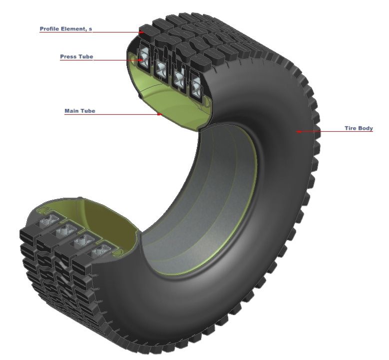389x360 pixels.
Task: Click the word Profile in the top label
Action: pyautogui.click(x=49, y=29)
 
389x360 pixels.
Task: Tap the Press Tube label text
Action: pyautogui.click(x=76, y=57)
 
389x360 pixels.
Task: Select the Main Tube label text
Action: pyautogui.click(x=79, y=111)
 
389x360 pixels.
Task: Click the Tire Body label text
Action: pyautogui.click(x=359, y=128)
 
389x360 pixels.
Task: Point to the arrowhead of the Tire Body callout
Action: pyautogui.click(x=298, y=132)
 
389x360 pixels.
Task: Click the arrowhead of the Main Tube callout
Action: pyautogui.click(x=160, y=114)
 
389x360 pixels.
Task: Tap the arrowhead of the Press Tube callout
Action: pyautogui.click(x=141, y=60)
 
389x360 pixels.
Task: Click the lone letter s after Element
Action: pyautogui.click(x=90, y=29)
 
